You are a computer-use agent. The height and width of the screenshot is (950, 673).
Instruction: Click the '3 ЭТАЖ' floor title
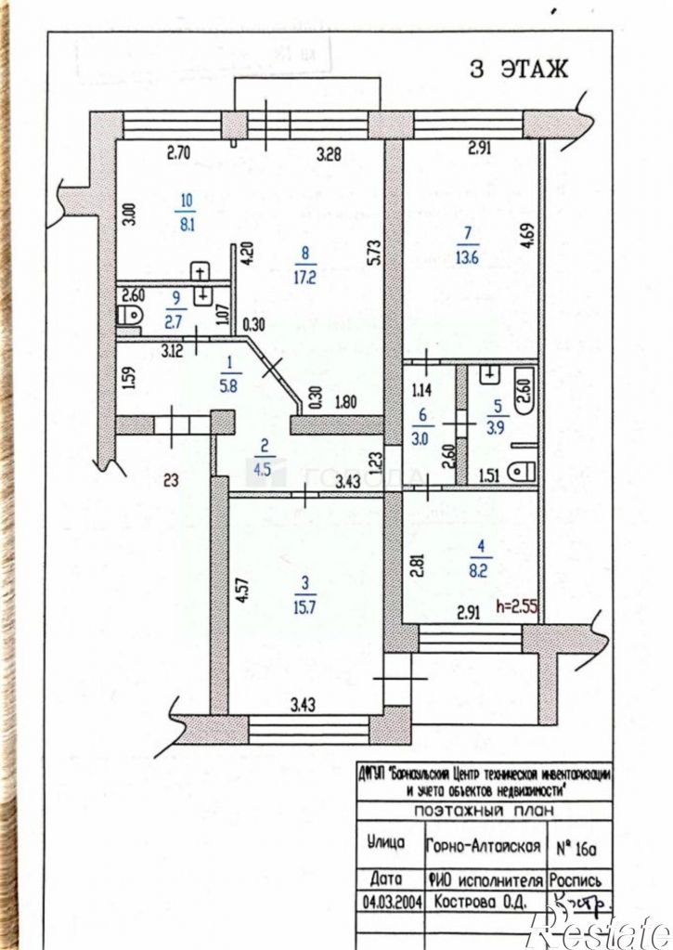point(519,71)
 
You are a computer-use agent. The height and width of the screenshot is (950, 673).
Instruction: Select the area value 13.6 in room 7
point(468,258)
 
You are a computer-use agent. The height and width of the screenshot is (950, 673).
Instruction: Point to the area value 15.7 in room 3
point(304,605)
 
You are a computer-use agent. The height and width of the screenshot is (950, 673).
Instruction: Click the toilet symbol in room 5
point(522,471)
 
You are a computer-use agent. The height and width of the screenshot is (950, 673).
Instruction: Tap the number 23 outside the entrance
point(171,480)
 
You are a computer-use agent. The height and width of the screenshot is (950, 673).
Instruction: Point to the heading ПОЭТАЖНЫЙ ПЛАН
point(483,811)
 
